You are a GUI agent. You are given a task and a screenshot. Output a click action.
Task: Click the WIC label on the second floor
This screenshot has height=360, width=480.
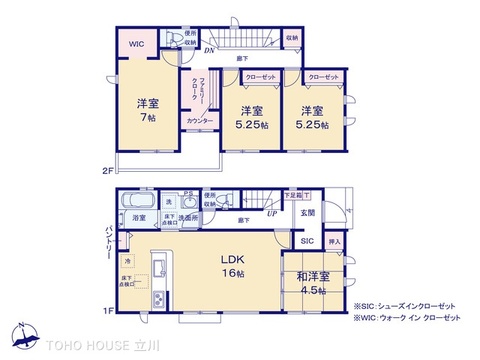coord(135,43)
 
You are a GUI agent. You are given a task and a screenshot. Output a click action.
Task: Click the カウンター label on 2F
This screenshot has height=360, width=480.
coord(198,121)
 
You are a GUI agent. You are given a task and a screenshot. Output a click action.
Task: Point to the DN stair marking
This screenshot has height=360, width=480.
coord(210,51)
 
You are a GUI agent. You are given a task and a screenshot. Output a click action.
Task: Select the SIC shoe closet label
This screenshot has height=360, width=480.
coord(306,241)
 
